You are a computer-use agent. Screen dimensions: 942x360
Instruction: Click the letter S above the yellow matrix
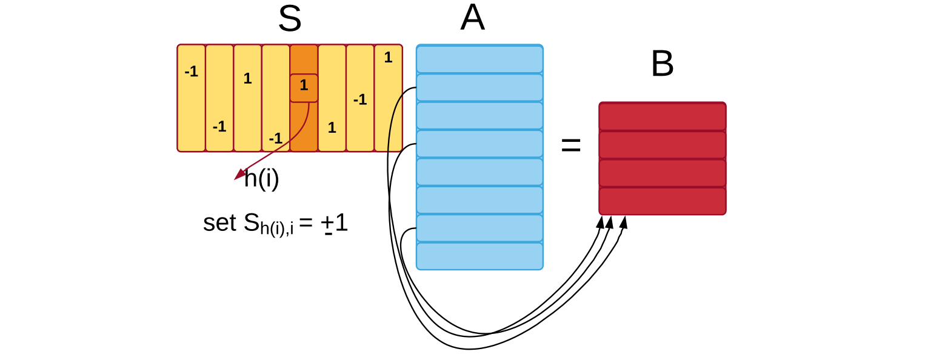(x=290, y=19)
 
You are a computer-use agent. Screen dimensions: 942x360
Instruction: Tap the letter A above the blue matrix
(x=473, y=18)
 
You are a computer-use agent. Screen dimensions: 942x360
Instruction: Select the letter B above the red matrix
(x=663, y=64)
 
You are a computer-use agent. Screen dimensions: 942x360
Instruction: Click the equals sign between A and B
(x=571, y=145)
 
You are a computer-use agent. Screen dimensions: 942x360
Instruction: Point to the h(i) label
(x=262, y=179)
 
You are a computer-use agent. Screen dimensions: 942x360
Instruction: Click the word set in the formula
(x=219, y=223)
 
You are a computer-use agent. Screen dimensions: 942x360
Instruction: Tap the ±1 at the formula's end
(x=335, y=223)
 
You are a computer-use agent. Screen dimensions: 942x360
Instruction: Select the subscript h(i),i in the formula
(x=276, y=228)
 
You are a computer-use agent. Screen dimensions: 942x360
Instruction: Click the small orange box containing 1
(x=304, y=88)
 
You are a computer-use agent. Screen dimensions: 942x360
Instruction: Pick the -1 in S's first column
(x=192, y=72)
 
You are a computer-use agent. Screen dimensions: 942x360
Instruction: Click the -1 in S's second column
(x=219, y=127)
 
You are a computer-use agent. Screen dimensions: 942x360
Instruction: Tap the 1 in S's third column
(x=248, y=79)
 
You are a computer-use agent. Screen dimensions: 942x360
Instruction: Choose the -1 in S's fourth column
(x=275, y=138)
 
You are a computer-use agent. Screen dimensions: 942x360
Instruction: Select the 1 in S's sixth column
(x=332, y=127)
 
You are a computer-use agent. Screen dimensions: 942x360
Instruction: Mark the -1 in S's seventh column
(x=360, y=99)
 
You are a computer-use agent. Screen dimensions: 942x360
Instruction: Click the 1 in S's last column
(x=388, y=57)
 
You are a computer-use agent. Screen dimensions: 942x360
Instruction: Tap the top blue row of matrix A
(x=480, y=59)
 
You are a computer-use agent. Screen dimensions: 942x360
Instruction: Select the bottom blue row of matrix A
(x=480, y=256)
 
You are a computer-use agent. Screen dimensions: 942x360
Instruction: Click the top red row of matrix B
(x=663, y=116)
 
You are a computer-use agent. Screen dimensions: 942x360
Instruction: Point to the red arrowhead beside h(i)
(x=240, y=174)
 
